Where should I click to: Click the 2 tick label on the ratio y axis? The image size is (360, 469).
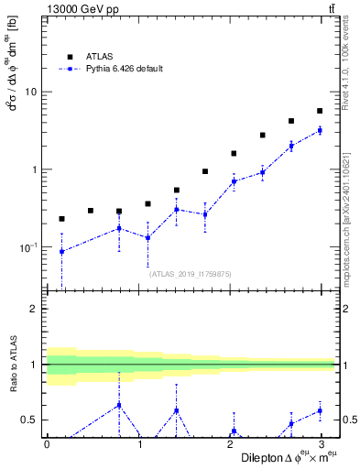34,309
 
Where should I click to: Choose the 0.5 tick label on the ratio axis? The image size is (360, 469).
30,420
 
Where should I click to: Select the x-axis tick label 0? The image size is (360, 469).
47,444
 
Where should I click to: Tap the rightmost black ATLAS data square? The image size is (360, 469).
320,111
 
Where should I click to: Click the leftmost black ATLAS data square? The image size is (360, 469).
61,219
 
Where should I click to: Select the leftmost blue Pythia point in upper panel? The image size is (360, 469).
61,251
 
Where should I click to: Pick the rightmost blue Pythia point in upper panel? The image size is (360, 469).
320,131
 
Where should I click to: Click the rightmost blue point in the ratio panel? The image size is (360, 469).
320,410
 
